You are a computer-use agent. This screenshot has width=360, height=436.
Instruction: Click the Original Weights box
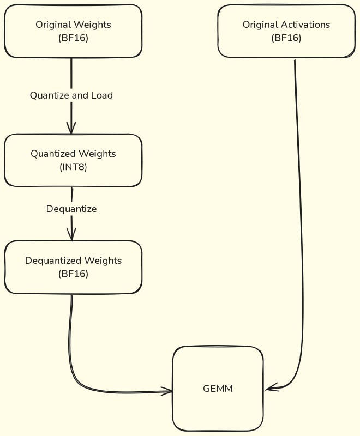73,31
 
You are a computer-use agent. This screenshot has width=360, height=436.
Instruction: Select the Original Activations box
286,31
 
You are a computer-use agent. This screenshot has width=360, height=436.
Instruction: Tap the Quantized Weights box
73,160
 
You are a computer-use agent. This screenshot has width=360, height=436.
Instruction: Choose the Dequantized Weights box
73,267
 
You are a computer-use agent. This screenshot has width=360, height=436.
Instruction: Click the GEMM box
218,389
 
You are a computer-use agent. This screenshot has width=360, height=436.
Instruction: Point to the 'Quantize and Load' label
71,95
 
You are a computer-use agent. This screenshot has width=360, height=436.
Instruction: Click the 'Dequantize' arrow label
71,209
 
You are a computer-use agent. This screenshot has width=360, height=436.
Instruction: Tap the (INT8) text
73,167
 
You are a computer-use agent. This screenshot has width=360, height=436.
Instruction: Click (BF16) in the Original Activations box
286,38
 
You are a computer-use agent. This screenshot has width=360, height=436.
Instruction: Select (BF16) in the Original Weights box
73,38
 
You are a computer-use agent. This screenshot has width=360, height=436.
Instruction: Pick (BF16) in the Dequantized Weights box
73,274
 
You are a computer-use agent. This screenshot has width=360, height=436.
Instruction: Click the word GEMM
218,389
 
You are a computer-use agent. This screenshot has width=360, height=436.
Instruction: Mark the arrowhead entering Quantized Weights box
71,129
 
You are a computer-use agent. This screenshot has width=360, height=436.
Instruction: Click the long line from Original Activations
300,218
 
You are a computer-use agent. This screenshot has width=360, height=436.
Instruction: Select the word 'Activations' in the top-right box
306,25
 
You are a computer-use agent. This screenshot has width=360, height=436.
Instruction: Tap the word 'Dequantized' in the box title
52,261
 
